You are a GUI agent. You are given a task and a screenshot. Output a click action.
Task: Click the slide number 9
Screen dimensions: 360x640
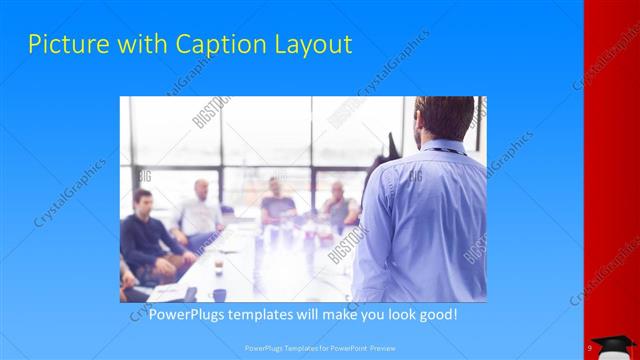590,347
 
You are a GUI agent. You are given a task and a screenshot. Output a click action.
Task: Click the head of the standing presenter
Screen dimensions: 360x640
445,117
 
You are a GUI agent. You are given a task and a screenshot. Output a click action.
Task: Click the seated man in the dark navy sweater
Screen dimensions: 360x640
146,235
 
